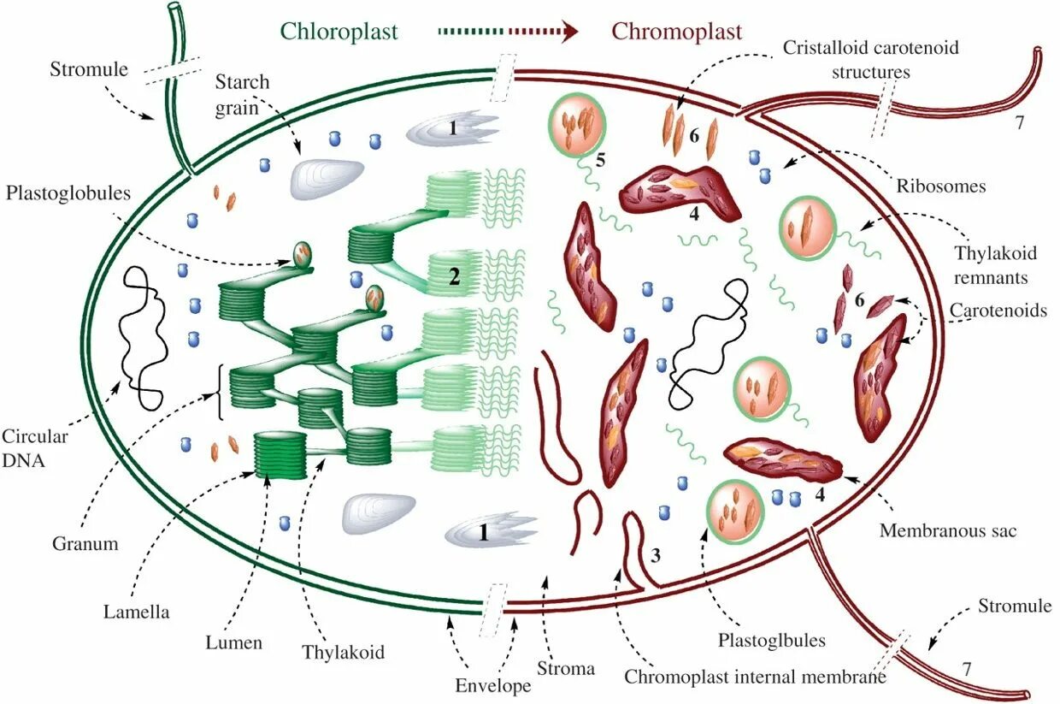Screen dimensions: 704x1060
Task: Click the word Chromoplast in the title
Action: click(676, 33)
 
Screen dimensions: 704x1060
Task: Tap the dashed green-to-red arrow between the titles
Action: click(508, 33)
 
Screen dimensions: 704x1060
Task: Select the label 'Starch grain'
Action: click(242, 94)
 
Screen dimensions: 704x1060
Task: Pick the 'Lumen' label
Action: click(233, 642)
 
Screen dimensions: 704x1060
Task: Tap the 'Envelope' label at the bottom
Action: click(493, 685)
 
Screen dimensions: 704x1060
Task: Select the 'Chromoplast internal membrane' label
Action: click(755, 677)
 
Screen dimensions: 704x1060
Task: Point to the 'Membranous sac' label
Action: click(948, 530)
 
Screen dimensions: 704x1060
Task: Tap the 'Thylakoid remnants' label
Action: click(995, 265)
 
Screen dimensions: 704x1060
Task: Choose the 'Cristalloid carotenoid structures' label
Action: click(870, 59)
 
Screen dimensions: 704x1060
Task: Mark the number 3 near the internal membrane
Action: click(656, 554)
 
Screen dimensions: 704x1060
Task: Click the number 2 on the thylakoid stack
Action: click(455, 275)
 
